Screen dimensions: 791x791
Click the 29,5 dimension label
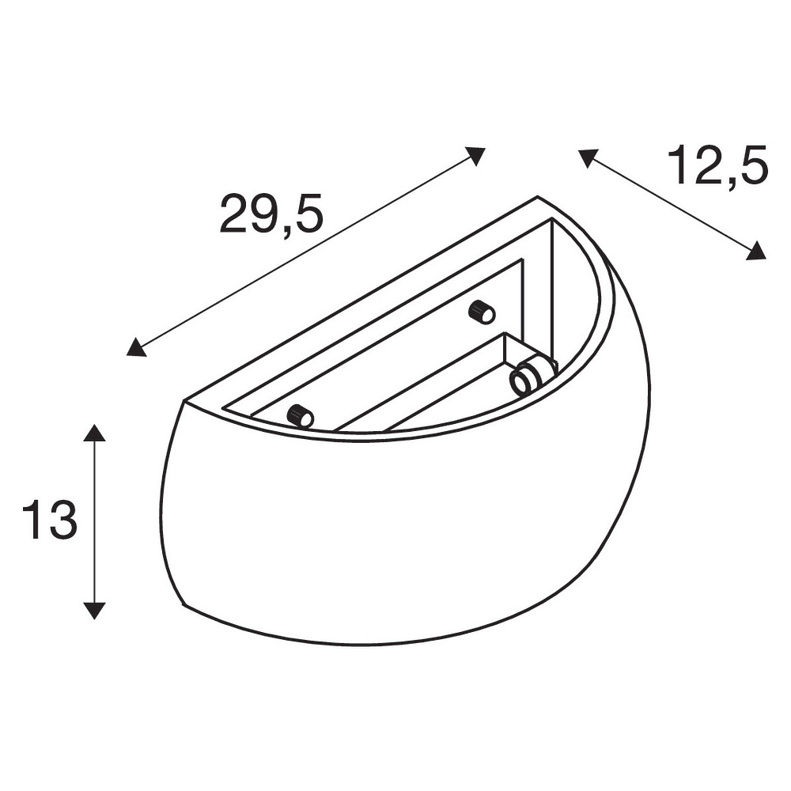coord(271,214)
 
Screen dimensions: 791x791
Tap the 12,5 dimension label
coord(717,165)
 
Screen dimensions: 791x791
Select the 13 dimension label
coord(50,520)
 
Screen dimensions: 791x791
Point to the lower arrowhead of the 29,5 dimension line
coord(135,348)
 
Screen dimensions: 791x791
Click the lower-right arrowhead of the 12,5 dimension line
coord(757,252)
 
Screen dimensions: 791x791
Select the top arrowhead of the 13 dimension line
coord(94,432)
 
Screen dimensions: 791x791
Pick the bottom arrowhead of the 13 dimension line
coord(94,611)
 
